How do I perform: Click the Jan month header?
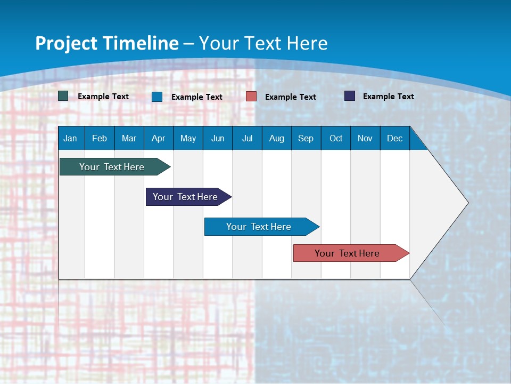tap(71, 138)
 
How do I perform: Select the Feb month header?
tap(100, 138)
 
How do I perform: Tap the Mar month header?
tap(129, 138)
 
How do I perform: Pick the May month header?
tap(188, 138)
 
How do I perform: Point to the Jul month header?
tap(247, 138)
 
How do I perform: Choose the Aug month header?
tap(277, 138)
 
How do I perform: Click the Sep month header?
tap(306, 138)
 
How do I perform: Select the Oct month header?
tap(336, 138)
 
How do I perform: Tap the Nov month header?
tap(365, 138)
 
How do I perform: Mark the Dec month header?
tap(395, 138)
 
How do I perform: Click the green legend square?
tap(63, 96)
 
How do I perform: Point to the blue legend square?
tap(157, 97)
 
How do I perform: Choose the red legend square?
tap(251, 97)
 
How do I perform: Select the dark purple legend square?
tap(350, 96)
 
